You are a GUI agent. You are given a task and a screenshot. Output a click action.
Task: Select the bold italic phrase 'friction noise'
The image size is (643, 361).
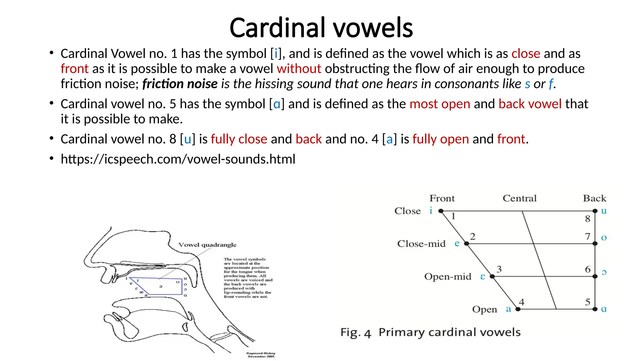[x=180, y=84]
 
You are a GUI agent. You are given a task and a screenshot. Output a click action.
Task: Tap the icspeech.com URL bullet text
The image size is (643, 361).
[x=178, y=159]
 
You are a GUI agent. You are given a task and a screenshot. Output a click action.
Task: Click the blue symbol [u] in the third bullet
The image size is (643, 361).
[x=187, y=139]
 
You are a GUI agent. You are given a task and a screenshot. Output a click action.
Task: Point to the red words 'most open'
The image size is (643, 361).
[x=440, y=104]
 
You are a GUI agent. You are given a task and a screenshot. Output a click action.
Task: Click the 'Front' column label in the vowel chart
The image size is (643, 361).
[x=442, y=198]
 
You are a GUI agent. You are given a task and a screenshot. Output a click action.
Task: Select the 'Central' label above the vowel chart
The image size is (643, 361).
[x=519, y=198]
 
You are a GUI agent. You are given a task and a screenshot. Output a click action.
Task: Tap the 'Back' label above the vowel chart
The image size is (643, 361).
[x=594, y=198]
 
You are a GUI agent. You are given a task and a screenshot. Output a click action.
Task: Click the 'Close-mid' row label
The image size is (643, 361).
[x=421, y=244]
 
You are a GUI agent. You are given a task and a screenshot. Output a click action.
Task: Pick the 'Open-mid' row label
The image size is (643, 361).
[x=447, y=277]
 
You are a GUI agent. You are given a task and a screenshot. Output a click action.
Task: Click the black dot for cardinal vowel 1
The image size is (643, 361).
[x=441, y=211]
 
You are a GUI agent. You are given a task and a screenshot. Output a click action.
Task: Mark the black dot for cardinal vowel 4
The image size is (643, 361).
[x=518, y=309]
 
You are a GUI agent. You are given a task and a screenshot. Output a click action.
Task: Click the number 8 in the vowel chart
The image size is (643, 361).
[x=587, y=219]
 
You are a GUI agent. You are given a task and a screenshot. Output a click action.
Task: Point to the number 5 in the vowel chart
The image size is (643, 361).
[x=587, y=302]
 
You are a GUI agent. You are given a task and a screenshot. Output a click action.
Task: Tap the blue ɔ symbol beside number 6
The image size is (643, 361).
[x=604, y=273]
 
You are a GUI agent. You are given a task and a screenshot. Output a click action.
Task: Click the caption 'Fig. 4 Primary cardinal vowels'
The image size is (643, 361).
[x=430, y=332]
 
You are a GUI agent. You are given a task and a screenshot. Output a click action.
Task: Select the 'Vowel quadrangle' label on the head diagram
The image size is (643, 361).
[x=207, y=245]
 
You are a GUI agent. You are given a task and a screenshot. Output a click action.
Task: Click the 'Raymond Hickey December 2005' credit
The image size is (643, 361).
[x=261, y=355]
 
